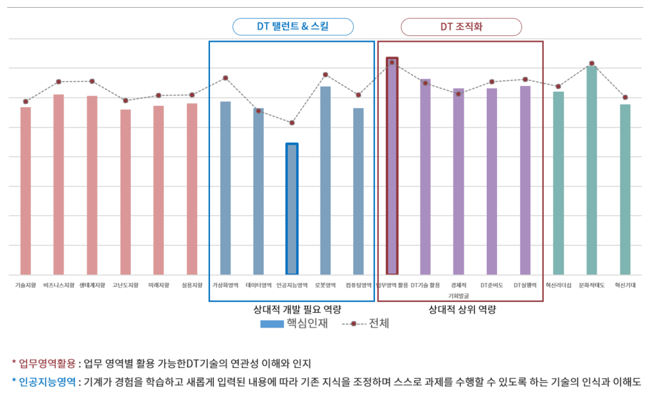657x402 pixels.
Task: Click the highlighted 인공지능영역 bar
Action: [292, 209]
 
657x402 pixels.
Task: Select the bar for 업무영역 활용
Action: [392, 167]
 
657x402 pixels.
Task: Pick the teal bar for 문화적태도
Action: [591, 170]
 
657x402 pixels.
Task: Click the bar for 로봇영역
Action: [325, 180]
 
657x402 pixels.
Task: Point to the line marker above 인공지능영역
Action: [292, 123]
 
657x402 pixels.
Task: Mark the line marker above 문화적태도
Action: [591, 64]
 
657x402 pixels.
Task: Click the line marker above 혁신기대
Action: [625, 98]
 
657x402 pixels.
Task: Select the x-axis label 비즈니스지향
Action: [58, 284]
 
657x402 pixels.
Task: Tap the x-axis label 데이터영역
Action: [258, 284]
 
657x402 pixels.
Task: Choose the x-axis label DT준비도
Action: [492, 284]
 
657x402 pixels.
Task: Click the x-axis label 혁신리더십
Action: [558, 284]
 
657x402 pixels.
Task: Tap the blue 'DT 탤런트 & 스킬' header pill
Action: [293, 26]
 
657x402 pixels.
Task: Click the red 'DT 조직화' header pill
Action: [461, 26]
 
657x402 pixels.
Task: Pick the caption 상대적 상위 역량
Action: [462, 310]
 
